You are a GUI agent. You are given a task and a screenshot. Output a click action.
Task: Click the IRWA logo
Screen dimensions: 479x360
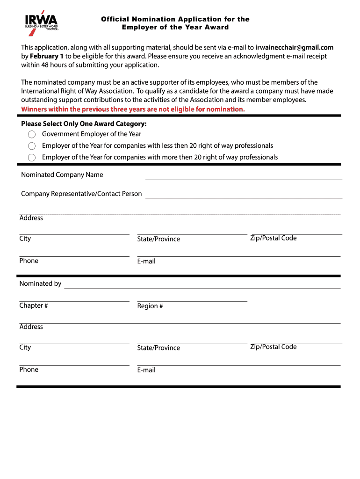(42, 21)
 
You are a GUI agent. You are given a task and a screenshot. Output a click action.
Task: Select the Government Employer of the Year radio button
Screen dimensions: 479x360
(32, 134)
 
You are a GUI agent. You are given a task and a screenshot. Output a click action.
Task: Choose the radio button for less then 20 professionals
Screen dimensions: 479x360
(32, 146)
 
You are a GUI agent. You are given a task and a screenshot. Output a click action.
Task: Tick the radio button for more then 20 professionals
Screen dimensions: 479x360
(32, 158)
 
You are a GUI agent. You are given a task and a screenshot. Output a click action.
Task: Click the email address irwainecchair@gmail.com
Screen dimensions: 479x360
(295, 47)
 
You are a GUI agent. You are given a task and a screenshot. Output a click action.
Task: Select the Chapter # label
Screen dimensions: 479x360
(34, 306)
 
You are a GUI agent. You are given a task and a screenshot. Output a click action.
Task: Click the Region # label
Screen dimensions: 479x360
(150, 306)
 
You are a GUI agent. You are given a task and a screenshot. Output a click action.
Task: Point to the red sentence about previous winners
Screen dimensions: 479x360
(133, 109)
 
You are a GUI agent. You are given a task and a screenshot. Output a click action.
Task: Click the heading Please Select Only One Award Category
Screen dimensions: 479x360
(84, 124)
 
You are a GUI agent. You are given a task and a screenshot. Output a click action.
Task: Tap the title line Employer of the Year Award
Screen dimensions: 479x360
(175, 27)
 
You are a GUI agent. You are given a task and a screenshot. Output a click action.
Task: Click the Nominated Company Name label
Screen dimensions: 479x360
(62, 175)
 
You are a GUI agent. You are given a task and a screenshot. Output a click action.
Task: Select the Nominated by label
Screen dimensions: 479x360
(40, 283)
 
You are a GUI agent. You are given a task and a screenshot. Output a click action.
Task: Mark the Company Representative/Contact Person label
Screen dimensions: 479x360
(81, 194)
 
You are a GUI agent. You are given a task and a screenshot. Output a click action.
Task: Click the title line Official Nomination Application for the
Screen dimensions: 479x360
(175, 19)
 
